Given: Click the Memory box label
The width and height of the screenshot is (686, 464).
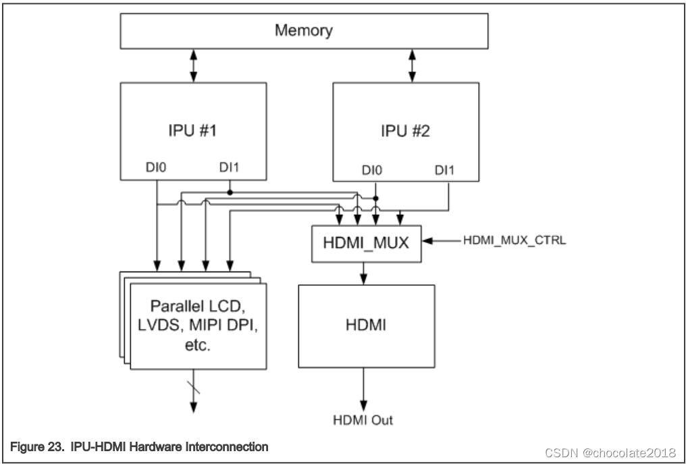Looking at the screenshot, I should click(x=303, y=31).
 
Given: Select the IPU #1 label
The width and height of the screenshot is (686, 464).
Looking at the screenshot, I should click(x=192, y=129).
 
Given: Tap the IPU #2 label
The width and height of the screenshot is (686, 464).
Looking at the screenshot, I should click(x=406, y=130).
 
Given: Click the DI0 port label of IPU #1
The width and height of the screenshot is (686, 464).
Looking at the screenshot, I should click(x=156, y=167).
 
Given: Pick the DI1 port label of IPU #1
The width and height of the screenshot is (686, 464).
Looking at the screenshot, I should click(x=230, y=167).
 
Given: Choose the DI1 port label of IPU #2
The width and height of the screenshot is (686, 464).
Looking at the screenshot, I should click(x=444, y=172).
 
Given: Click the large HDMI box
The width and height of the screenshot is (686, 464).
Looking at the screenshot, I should click(x=365, y=326).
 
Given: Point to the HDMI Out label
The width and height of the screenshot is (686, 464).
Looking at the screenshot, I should click(x=363, y=420).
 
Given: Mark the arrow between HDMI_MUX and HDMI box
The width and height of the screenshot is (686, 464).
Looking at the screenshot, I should click(x=365, y=273).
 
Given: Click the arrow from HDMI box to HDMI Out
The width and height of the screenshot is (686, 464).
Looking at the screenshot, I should click(x=365, y=388).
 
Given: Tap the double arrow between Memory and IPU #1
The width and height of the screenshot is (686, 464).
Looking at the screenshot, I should click(x=194, y=66).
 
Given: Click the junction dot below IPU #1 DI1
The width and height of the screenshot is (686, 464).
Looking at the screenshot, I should click(x=230, y=192).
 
